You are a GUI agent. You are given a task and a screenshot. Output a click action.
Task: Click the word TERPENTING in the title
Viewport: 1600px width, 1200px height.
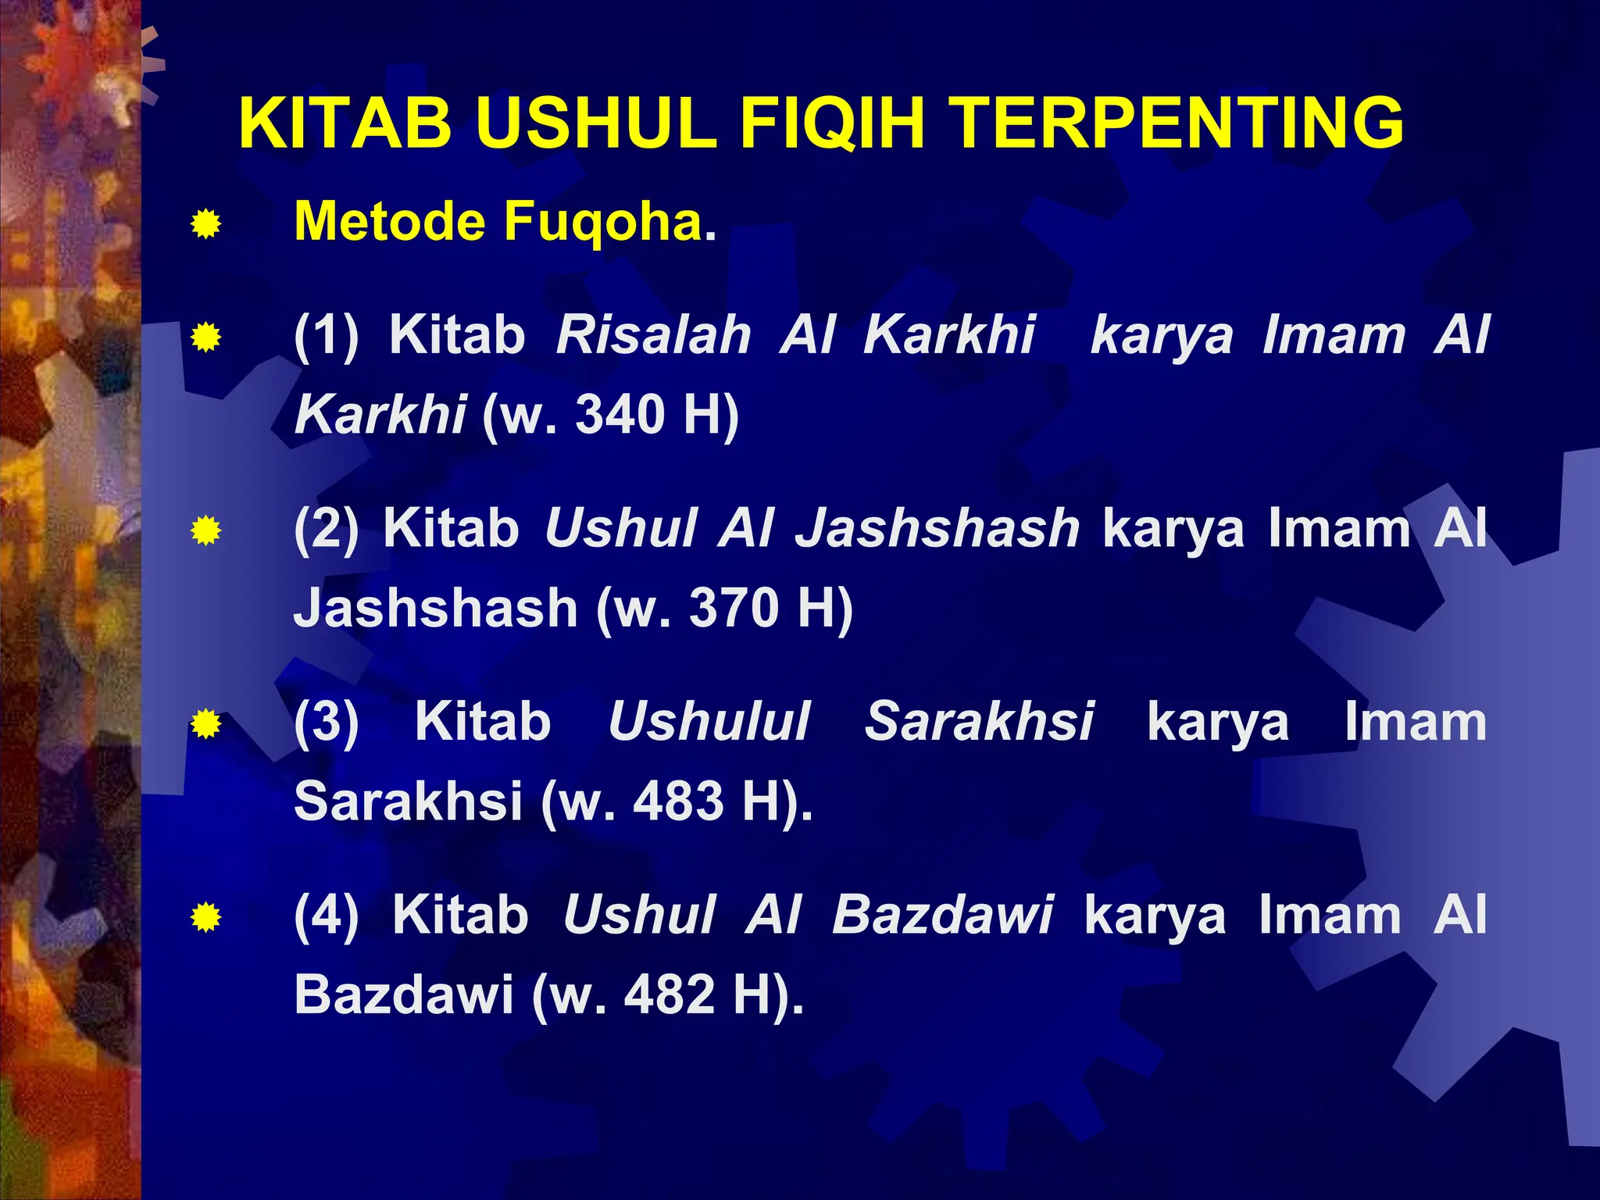click(x=1180, y=123)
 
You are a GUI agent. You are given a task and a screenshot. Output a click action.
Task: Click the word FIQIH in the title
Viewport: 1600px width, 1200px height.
click(x=832, y=123)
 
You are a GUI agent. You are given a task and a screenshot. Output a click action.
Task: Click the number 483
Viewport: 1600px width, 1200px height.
click(x=678, y=801)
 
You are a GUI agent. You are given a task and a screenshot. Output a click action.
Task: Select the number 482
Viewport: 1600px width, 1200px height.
click(x=670, y=995)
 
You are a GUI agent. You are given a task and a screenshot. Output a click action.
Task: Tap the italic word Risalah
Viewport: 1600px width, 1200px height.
click(x=654, y=335)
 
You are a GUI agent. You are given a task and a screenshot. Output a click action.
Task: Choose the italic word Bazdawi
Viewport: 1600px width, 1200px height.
click(x=942, y=914)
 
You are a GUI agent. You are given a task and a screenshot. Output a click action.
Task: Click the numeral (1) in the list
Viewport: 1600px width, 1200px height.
click(x=327, y=335)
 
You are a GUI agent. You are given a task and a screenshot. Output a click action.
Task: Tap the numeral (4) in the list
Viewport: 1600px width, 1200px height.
click(x=327, y=914)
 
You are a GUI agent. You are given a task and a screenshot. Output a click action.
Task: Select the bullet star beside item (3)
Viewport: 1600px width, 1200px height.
click(x=205, y=724)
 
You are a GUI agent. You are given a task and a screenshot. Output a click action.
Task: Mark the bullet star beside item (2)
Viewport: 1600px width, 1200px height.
click(x=205, y=531)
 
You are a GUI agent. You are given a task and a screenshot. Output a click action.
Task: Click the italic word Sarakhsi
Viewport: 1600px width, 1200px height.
click(x=979, y=721)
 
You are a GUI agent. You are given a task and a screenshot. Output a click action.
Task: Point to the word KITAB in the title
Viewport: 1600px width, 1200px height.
click(x=346, y=123)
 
